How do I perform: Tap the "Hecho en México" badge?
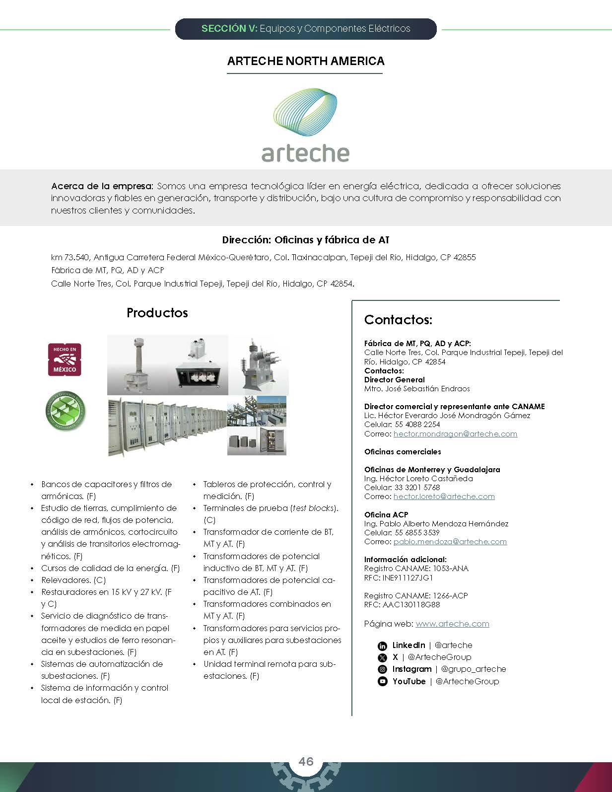[65, 360]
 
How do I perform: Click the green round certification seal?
[65, 411]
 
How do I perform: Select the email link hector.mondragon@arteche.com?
[455, 433]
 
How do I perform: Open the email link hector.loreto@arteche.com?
[444, 496]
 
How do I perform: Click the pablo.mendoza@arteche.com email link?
[450, 541]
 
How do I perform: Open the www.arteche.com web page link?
[452, 624]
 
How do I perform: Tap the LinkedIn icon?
[382, 646]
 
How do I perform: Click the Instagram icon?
[382, 669]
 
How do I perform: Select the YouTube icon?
[382, 681]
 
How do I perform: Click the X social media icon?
[382, 657]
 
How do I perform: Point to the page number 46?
[306, 761]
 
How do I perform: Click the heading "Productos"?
[157, 313]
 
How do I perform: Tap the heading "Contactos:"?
[398, 320]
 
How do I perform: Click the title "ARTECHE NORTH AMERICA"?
[306, 61]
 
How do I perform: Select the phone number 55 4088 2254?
[417, 425]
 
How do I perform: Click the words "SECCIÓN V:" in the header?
[229, 29]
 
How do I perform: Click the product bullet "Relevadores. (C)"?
[73, 580]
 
